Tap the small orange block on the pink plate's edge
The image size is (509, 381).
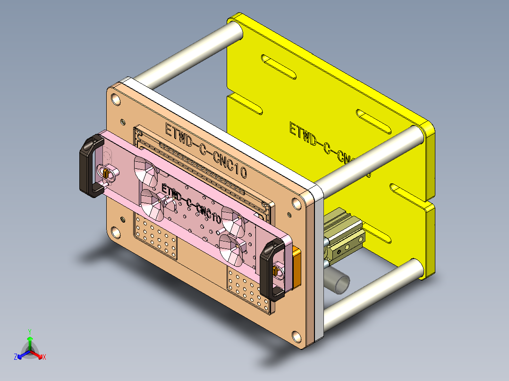coord(297,267)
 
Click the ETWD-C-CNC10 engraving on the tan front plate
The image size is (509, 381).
coord(205,150)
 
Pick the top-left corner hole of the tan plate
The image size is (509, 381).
coord(115,99)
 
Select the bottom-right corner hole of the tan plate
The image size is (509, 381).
coord(297,337)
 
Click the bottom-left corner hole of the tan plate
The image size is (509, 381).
coord(115,232)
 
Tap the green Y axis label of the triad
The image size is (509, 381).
coord(29,331)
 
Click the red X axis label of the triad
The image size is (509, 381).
coord(44,357)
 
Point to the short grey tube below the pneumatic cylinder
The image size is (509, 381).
coord(339,282)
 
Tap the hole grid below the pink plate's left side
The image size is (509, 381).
coord(156,238)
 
